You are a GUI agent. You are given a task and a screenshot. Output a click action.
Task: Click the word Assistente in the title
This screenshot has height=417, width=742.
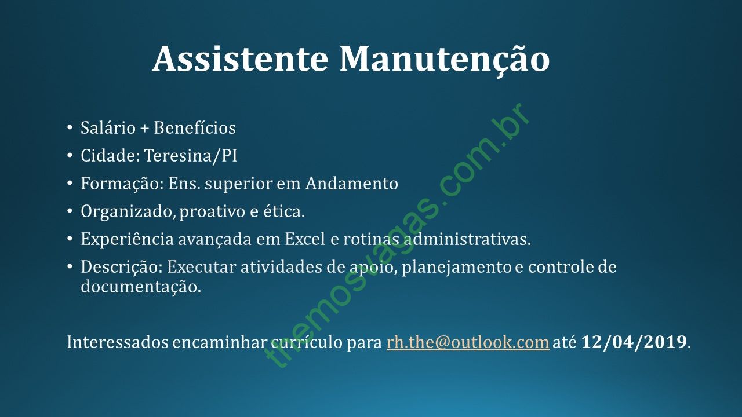(x=241, y=59)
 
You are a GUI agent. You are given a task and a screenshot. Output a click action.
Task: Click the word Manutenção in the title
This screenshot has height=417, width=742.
(x=445, y=61)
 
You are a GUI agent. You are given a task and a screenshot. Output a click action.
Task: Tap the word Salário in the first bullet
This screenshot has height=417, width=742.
(x=108, y=128)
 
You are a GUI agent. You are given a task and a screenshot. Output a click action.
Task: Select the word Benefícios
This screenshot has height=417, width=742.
(x=195, y=128)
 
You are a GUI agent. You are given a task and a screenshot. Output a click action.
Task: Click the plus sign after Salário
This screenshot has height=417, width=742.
(x=144, y=129)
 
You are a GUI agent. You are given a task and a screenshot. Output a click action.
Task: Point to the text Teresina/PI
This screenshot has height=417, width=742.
(x=191, y=156)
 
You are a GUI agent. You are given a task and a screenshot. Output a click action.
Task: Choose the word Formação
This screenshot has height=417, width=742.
(x=122, y=184)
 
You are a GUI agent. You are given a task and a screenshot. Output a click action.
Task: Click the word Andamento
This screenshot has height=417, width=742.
(x=352, y=184)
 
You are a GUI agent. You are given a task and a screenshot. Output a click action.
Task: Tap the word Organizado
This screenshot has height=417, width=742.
(x=128, y=212)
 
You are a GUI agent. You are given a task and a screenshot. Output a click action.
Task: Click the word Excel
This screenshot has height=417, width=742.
(x=305, y=239)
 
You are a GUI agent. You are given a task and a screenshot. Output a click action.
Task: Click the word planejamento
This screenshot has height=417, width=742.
(x=457, y=268)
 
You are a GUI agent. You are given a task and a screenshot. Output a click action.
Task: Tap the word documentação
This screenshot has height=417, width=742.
(x=141, y=287)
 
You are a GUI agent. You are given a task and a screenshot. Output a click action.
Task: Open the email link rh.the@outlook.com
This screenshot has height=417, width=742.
(x=468, y=342)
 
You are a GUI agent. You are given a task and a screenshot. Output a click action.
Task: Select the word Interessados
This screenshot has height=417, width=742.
(x=118, y=342)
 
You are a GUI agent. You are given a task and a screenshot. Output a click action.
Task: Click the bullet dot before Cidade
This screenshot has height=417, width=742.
(x=69, y=155)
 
